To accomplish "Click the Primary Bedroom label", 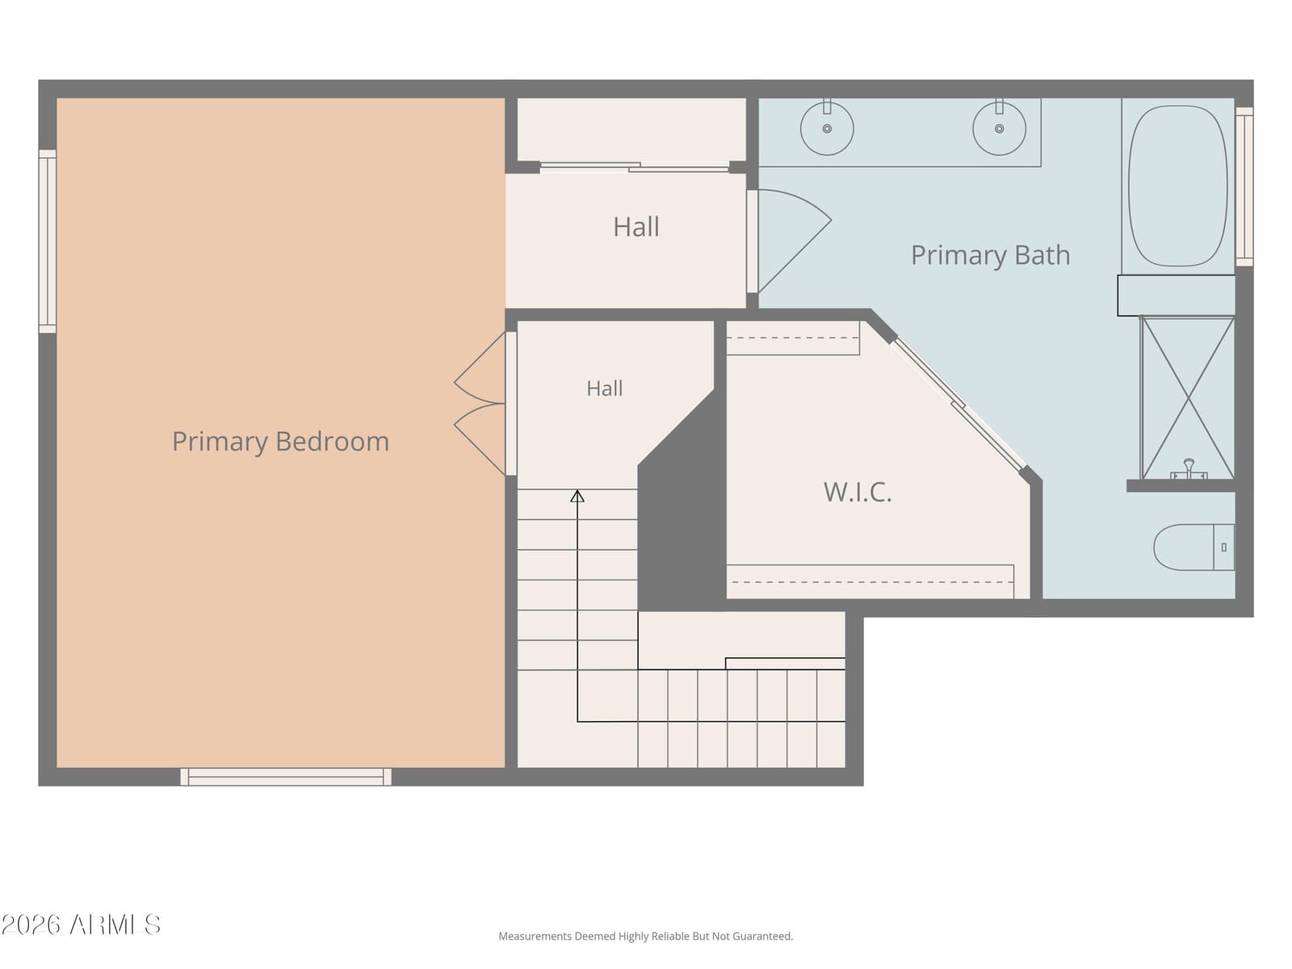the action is [280, 442].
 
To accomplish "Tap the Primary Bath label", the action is [990, 255].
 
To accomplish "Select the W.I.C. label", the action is [858, 492].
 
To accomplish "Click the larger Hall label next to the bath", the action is [636, 227].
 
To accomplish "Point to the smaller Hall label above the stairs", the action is [605, 388].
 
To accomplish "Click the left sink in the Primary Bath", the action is [826, 128].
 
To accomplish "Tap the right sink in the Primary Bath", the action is [999, 128].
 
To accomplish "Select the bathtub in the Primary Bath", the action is [1177, 186].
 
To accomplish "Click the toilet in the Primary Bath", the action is [1193, 547].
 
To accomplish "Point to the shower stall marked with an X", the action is [1187, 398].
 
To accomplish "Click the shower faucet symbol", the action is [1189, 469].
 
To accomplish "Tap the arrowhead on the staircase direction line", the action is [577, 496].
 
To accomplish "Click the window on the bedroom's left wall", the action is [47, 241].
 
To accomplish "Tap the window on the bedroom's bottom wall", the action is [286, 777].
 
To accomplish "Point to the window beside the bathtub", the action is [1244, 186].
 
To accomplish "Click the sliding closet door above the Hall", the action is [635, 167].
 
